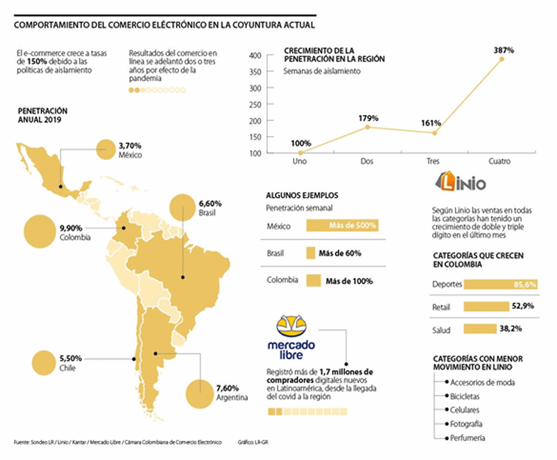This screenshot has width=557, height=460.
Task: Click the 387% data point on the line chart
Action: click(x=501, y=59)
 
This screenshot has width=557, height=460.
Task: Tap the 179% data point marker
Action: click(x=368, y=127)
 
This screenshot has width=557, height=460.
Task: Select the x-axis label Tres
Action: click(x=433, y=161)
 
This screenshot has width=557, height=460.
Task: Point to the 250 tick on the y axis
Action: click(x=255, y=104)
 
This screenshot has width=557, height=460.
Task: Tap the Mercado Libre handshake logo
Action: click(x=291, y=326)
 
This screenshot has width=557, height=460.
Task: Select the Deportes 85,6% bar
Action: click(x=500, y=284)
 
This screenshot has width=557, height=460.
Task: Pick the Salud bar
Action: click(x=480, y=329)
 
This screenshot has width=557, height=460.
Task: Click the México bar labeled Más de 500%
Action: click(x=342, y=226)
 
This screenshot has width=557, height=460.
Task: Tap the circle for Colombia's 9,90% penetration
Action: click(x=40, y=231)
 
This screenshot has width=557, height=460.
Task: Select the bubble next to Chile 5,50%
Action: click(x=44, y=363)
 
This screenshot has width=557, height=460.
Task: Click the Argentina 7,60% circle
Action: click(x=200, y=394)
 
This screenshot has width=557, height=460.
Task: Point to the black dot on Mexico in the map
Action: click(x=61, y=186)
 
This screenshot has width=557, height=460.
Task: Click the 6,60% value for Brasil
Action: click(x=210, y=204)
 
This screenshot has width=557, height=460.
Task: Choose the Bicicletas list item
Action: click(x=464, y=396)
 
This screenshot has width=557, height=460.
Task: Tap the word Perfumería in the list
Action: click(x=467, y=438)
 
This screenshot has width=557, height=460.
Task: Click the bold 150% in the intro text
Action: click(x=37, y=61)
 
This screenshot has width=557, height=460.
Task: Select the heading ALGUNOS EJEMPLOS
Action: click(x=302, y=196)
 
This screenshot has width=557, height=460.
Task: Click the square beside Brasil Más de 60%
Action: click(x=311, y=253)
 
